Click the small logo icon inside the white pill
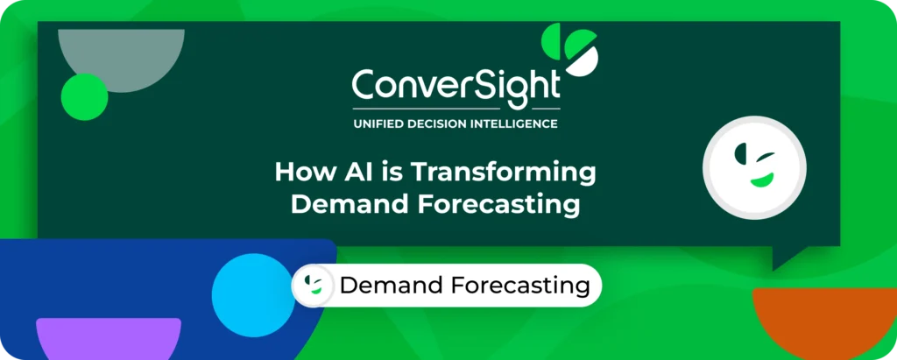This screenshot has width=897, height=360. tap(314, 286)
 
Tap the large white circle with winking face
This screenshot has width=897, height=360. tap(754, 167)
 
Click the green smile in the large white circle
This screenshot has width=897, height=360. tap(762, 180)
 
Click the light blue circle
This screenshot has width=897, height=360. tap(253, 295)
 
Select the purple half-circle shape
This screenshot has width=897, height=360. tap(109, 338)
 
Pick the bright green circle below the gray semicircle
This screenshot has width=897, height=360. tap(85, 96)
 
